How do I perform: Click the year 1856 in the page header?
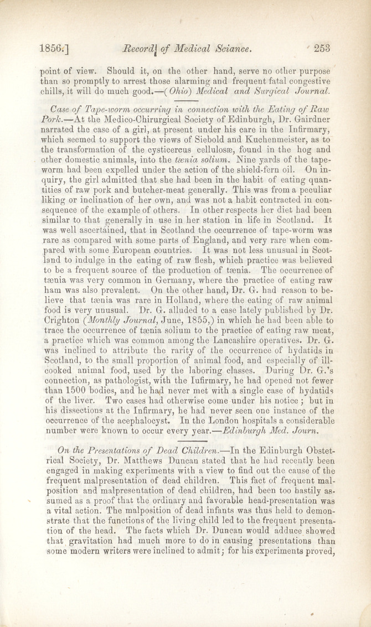[x=51, y=48]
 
